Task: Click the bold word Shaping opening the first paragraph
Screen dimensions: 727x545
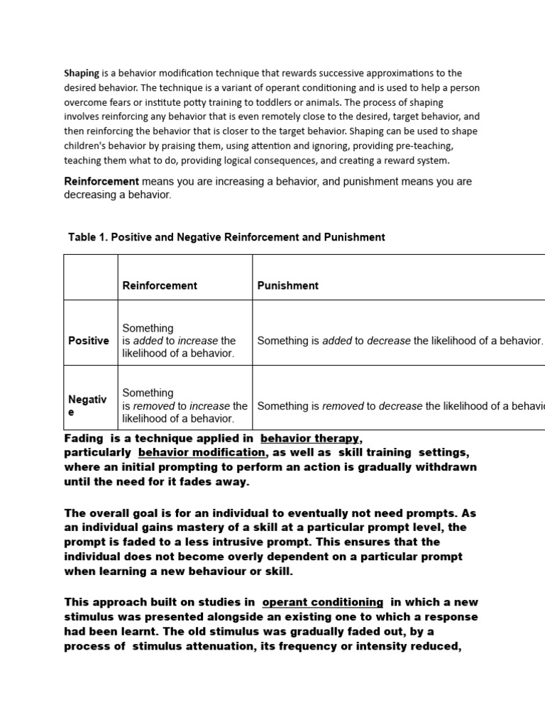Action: tap(82, 73)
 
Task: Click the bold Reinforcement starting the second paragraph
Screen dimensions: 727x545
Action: tap(101, 182)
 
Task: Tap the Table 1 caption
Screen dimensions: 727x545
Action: tap(226, 237)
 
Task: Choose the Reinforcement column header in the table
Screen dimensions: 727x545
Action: tap(160, 285)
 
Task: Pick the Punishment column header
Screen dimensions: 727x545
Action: tap(287, 285)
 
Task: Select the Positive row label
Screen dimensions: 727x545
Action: tap(89, 341)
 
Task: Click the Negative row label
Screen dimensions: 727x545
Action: tap(87, 405)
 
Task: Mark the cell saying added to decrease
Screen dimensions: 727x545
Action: tap(400, 341)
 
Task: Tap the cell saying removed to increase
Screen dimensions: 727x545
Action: tap(185, 406)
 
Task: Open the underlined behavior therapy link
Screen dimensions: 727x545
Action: tap(310, 439)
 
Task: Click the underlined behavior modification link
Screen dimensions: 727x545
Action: tap(202, 452)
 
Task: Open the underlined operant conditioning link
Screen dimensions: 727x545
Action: tap(322, 602)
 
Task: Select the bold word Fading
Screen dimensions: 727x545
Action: tap(83, 439)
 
